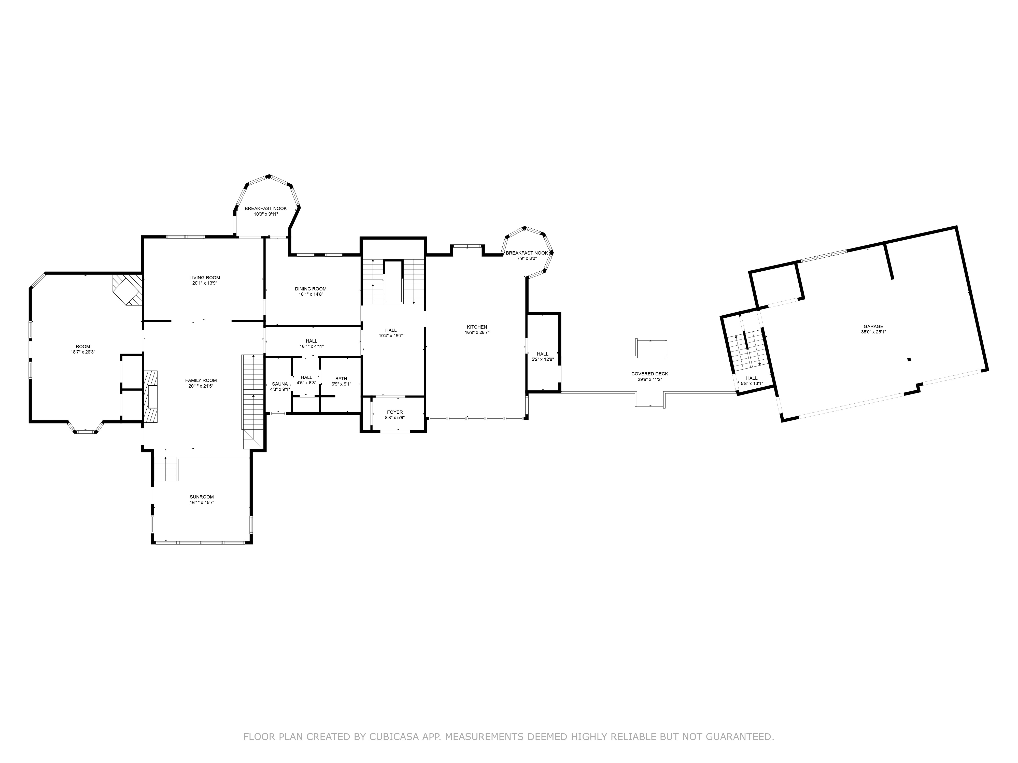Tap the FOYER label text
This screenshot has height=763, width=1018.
(394, 412)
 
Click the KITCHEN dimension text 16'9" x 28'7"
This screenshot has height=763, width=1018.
(477, 332)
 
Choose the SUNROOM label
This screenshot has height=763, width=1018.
(202, 497)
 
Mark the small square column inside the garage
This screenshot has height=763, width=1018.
(909, 360)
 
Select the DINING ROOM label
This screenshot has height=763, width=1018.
(311, 289)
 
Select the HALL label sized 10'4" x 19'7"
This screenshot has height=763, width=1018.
(391, 330)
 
